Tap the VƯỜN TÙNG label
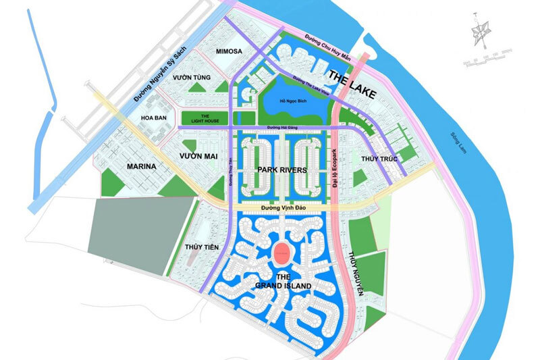(x=192, y=78)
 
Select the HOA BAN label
(x=153, y=117)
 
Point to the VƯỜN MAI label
(x=196, y=156)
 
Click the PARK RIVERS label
(x=283, y=170)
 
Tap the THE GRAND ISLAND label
(x=283, y=282)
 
